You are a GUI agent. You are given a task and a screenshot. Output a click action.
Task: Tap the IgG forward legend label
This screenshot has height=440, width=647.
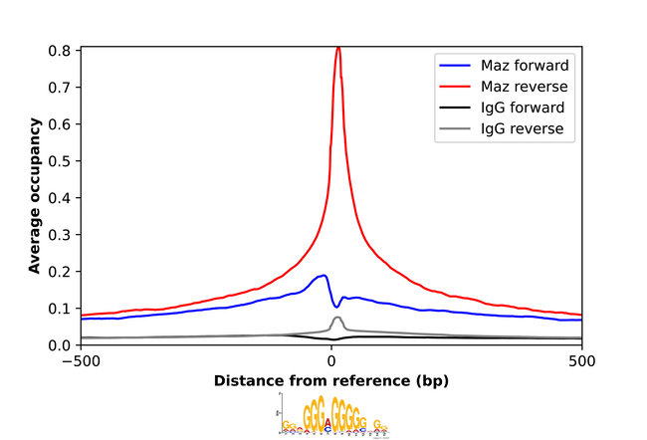click(x=521, y=108)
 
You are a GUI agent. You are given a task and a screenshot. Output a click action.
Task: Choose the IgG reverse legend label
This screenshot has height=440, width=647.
click(x=521, y=128)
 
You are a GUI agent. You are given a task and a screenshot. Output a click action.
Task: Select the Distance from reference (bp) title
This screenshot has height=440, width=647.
click(x=331, y=382)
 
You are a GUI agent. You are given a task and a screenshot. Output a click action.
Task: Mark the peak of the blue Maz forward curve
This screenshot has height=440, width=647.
click(x=323, y=275)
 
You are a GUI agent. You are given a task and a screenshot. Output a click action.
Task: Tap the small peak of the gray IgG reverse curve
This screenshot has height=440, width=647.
click(x=338, y=318)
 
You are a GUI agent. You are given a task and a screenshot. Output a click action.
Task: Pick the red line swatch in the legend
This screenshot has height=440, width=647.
click(x=454, y=87)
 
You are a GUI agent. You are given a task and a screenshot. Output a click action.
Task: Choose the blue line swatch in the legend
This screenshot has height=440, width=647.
click(x=454, y=66)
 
